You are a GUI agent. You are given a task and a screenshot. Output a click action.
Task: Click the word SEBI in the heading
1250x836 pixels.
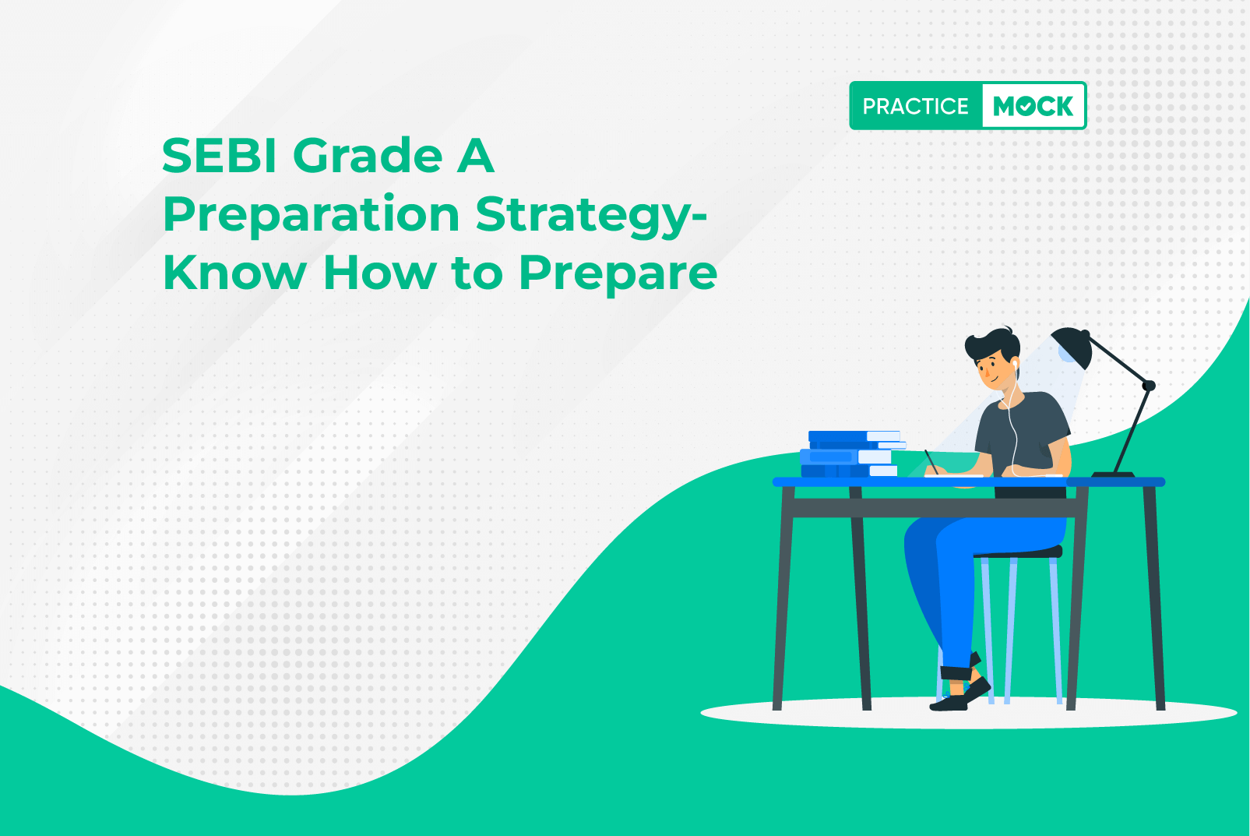[x=220, y=156]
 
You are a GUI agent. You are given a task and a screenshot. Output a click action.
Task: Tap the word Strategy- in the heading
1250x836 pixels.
[x=592, y=217]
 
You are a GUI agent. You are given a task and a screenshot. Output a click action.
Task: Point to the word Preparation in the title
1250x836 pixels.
[x=311, y=217]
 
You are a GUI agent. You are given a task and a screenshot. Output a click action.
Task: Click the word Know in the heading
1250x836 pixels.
[x=234, y=272]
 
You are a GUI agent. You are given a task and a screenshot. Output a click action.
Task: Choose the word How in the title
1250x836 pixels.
[x=379, y=272]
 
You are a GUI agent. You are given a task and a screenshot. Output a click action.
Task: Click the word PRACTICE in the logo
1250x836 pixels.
[x=915, y=106]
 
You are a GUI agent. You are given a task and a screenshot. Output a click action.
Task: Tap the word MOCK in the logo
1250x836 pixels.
[x=1033, y=106]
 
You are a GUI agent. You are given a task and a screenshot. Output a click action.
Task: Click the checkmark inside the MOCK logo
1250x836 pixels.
[x=1026, y=107]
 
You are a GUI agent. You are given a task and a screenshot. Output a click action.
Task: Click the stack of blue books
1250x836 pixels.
[x=852, y=453]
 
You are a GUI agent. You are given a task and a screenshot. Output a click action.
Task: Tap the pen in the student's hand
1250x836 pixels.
[x=931, y=461]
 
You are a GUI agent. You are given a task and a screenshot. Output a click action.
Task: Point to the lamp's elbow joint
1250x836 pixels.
[x=1149, y=385]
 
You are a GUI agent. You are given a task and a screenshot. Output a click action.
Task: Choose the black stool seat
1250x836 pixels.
[x=1019, y=552]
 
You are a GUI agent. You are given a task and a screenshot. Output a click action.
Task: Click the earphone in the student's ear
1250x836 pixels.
[x=1015, y=363]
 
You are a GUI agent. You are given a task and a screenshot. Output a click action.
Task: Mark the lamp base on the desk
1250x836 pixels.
[x=1113, y=474]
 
